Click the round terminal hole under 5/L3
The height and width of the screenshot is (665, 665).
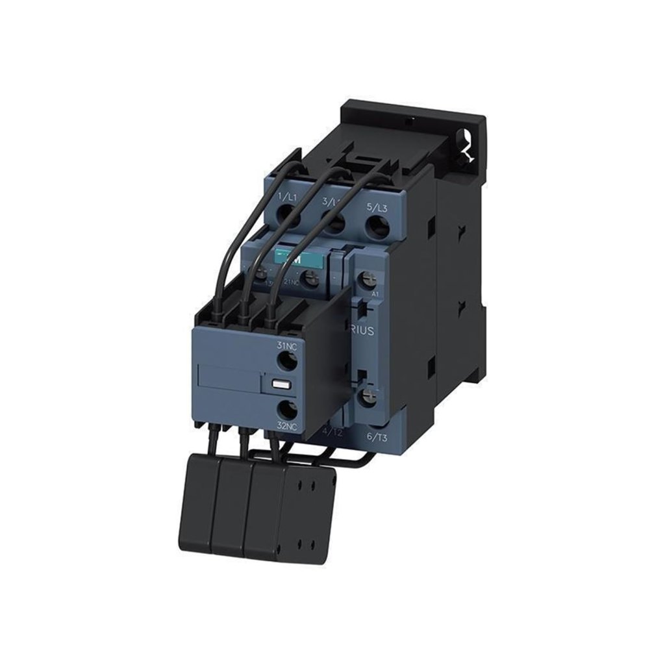[x=375, y=227]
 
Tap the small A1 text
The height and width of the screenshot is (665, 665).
[x=375, y=294]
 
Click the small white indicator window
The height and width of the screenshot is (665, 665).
[x=279, y=383]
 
